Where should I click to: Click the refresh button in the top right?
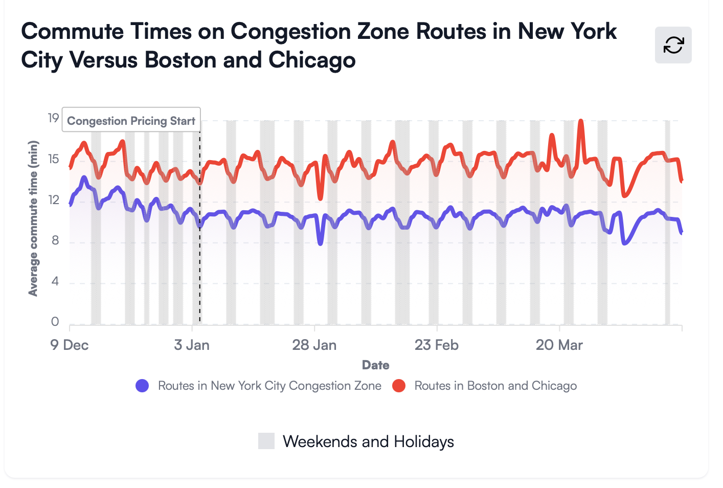[673, 45]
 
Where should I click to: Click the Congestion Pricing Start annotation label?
[131, 121]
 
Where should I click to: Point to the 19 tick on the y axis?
[54, 118]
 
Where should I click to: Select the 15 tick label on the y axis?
[54, 159]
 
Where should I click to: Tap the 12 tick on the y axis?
[54, 200]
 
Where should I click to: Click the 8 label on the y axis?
[55, 240]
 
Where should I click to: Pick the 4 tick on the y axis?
[55, 281]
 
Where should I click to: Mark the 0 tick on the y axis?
[55, 322]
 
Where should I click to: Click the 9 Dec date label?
[70, 345]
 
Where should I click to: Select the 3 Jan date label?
[192, 345]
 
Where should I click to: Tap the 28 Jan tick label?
[314, 345]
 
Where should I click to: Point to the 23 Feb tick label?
[437, 345]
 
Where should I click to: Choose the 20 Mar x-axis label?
[559, 345]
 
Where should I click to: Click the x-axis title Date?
[376, 365]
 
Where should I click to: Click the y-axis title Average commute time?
[33, 218]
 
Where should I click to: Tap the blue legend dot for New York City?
[142, 386]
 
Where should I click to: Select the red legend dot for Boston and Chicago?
[399, 386]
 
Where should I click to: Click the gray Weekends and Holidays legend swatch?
[266, 441]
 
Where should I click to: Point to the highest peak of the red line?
[580, 121]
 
